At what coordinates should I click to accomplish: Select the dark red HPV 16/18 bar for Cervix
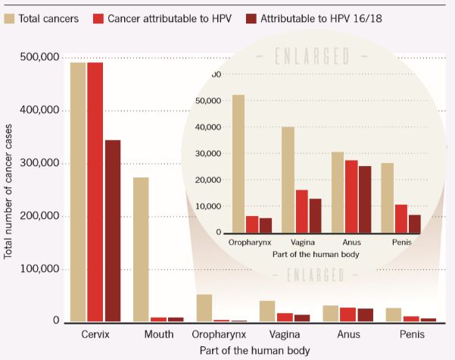pos(113,230)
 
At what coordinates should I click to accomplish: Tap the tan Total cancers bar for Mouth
pos(141,249)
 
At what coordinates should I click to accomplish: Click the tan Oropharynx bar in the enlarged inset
pos(238,164)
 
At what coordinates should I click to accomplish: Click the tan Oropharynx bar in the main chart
pos(204,308)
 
